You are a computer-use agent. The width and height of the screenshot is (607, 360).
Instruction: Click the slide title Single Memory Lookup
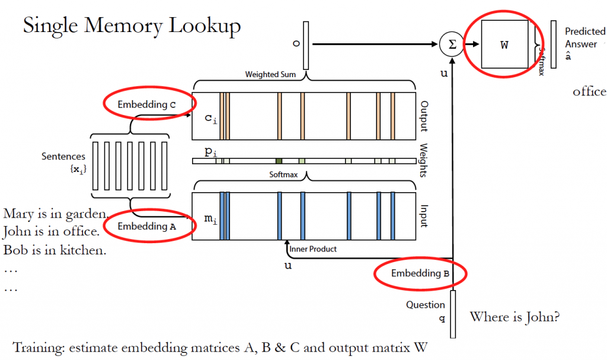(132, 26)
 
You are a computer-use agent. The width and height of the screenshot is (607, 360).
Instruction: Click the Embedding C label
(146, 104)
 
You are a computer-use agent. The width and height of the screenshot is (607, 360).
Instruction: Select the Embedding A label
(146, 226)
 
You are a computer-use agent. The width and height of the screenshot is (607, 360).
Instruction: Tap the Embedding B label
(420, 273)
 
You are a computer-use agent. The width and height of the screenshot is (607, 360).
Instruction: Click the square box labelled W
(504, 45)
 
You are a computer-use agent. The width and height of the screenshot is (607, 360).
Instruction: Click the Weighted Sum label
(271, 75)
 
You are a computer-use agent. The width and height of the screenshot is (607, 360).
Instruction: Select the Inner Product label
(313, 249)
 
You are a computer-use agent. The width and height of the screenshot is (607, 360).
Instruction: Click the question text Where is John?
(515, 317)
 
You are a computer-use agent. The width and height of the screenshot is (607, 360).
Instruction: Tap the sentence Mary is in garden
(55, 214)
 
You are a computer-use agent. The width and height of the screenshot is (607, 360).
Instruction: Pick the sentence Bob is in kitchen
(55, 250)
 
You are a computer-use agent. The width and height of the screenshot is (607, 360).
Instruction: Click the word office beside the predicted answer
(589, 91)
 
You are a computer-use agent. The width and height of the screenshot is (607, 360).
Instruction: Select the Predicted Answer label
(584, 37)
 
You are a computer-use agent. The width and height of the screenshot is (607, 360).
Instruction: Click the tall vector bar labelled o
(306, 44)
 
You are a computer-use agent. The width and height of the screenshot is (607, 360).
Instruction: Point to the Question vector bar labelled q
(453, 314)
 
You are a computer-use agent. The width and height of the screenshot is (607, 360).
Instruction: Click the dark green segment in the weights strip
(279, 161)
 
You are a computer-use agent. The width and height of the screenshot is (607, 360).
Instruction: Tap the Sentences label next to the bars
(63, 157)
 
